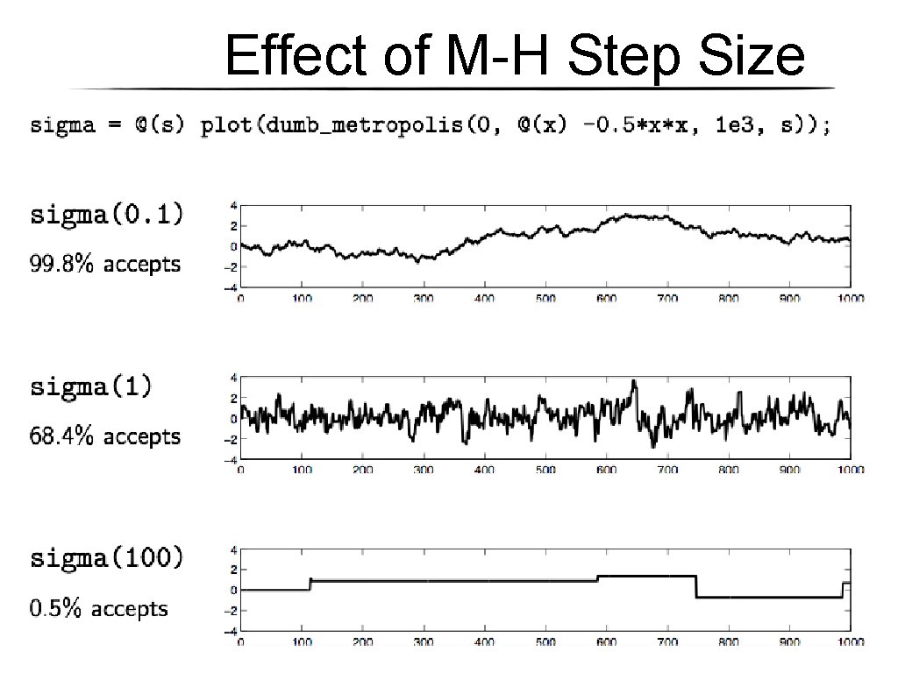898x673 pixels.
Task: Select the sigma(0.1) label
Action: click(x=107, y=215)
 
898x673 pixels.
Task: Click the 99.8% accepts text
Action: click(x=105, y=264)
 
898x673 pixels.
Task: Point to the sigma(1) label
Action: click(x=90, y=386)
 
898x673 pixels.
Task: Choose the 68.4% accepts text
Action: click(x=105, y=436)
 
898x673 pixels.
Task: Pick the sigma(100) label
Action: click(x=107, y=557)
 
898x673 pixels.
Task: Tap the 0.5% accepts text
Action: click(x=98, y=608)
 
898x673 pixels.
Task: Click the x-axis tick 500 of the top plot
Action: click(x=545, y=299)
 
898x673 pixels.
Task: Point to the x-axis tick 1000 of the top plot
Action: click(x=849, y=299)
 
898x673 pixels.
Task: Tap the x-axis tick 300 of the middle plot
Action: click(x=424, y=470)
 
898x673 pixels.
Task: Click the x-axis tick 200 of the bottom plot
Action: click(x=362, y=641)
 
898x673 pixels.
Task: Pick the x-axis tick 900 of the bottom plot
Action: click(x=789, y=641)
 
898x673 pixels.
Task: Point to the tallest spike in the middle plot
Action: click(x=633, y=383)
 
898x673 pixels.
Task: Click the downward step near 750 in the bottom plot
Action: click(x=696, y=586)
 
